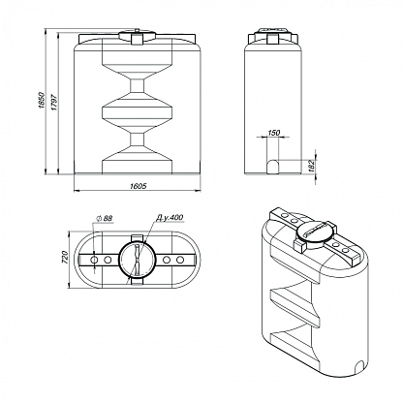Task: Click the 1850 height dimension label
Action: [42, 100]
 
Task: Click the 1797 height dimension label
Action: [54, 102]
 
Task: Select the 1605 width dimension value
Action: [139, 186]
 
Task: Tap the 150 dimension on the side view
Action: [274, 133]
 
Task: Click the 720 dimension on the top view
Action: [65, 258]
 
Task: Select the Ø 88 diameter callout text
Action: [104, 218]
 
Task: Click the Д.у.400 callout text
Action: [170, 217]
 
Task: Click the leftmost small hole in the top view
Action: [94, 260]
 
